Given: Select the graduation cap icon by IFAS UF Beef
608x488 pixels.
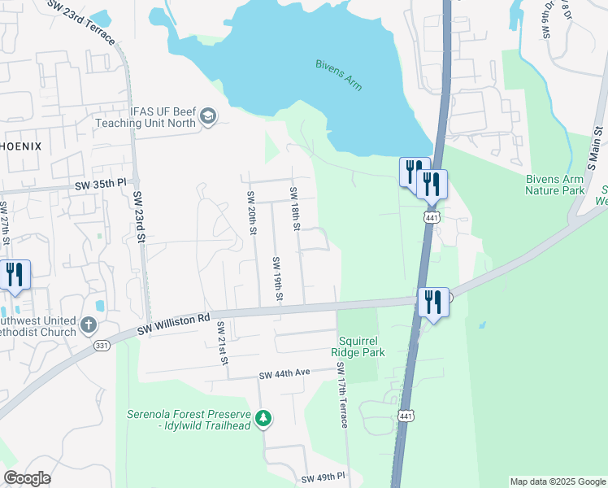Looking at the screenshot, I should point(208,117).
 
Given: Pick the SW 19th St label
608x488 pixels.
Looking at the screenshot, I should point(276,278).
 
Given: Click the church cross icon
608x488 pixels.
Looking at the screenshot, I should point(89,327).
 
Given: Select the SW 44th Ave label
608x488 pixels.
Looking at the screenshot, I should point(285,374).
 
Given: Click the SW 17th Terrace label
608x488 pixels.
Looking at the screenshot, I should point(342,395).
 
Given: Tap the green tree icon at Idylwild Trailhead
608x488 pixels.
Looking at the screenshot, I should point(263,418).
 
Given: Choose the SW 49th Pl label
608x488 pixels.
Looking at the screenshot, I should point(324,477).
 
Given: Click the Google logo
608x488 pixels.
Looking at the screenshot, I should point(27,478).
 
